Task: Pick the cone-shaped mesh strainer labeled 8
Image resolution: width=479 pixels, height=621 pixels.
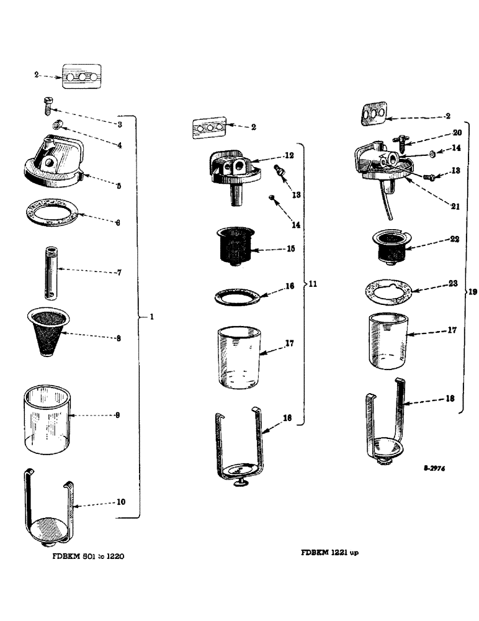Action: tap(50, 332)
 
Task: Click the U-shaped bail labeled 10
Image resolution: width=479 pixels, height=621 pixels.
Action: tap(49, 502)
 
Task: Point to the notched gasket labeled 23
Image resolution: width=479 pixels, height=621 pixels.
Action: tap(387, 291)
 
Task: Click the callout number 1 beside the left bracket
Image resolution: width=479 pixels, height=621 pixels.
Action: tap(151, 317)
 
